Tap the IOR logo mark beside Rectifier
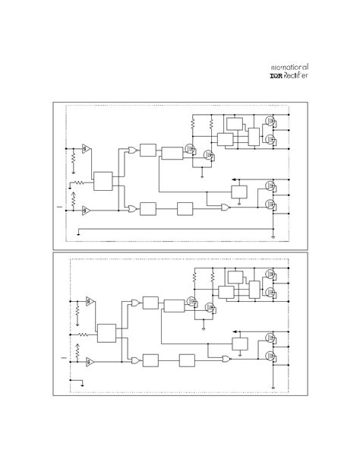[x=276, y=76]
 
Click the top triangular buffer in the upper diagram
[x=86, y=147]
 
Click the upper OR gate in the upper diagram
[x=133, y=150]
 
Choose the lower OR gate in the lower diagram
[x=134, y=359]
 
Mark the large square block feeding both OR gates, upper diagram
[x=103, y=182]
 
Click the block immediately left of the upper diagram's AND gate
[x=186, y=208]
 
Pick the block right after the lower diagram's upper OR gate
[x=150, y=303]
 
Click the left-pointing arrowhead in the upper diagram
[x=231, y=180]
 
